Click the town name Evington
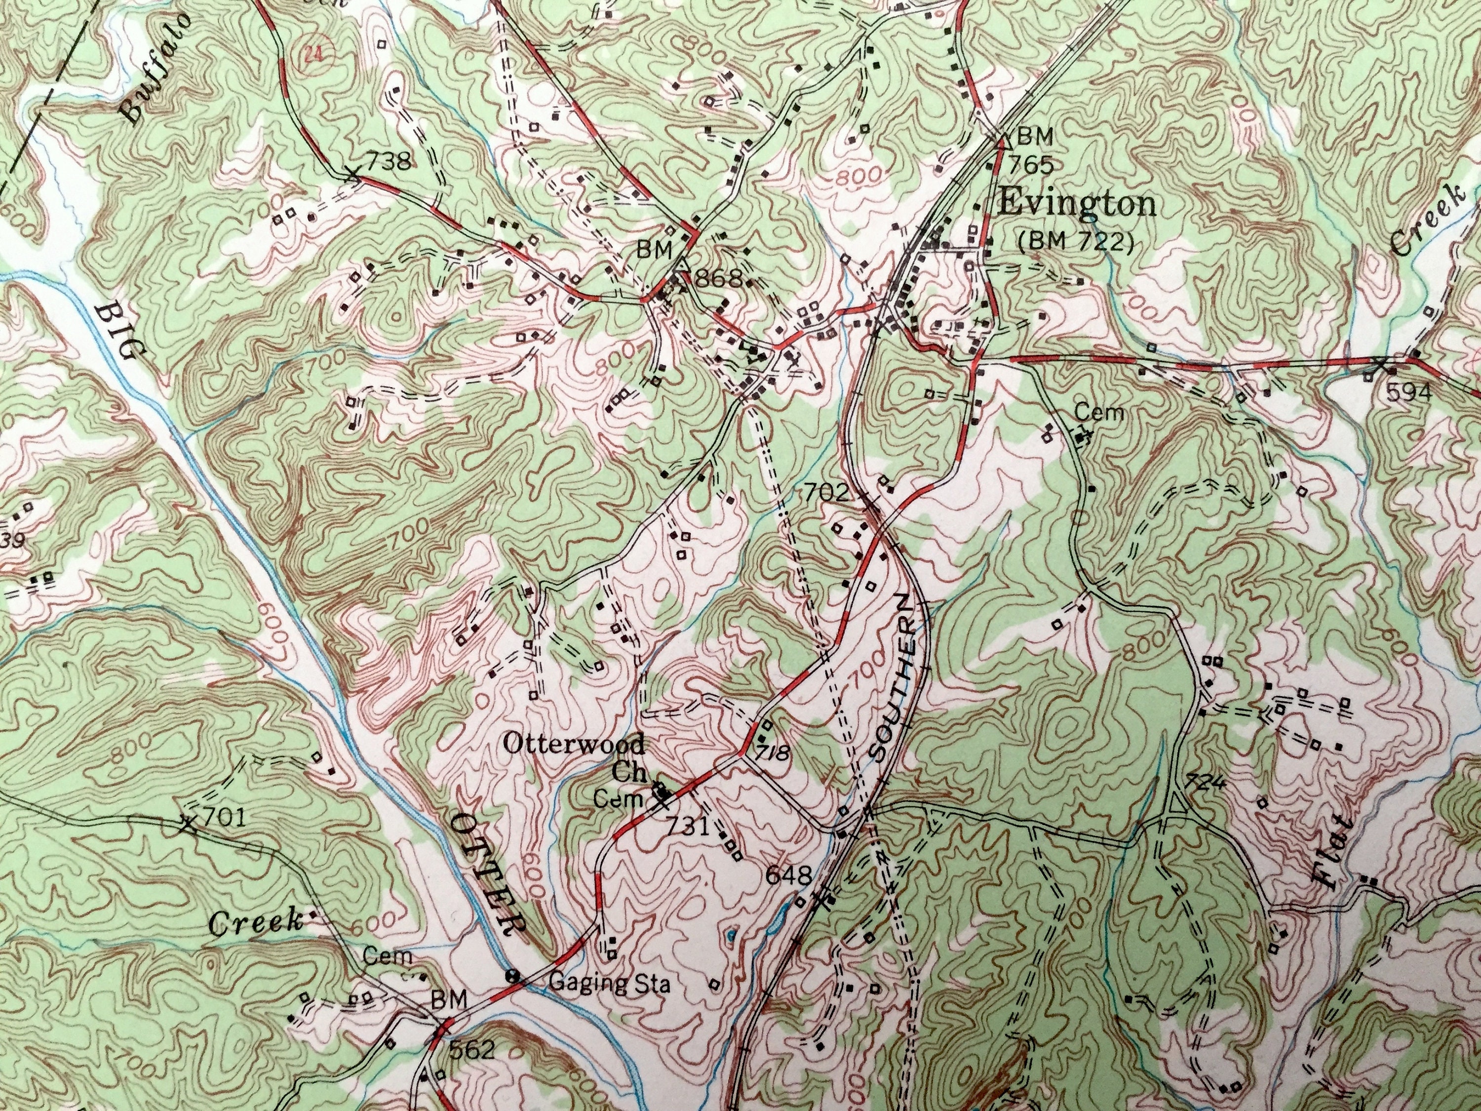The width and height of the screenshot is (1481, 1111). coord(1077,203)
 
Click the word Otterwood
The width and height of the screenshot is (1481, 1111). coord(574,743)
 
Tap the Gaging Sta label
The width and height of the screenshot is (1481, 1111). coord(608,983)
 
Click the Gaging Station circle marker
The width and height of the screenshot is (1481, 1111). coord(513,976)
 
